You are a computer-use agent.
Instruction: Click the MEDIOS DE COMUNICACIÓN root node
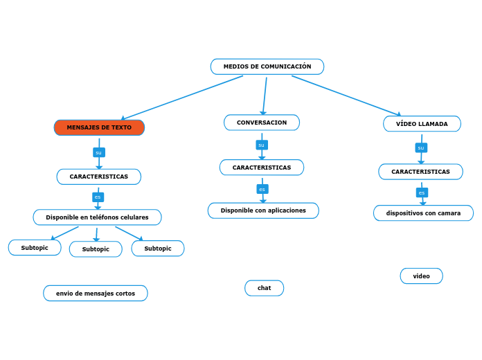tap(267, 66)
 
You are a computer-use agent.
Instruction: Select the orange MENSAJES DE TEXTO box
tap(99, 127)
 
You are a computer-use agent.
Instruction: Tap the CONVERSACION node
tap(262, 123)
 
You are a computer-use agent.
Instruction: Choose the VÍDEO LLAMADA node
tap(422, 124)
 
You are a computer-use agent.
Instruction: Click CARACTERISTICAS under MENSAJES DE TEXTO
tap(98, 177)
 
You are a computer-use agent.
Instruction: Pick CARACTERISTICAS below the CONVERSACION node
tap(262, 168)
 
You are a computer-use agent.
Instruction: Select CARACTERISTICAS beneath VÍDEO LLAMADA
tap(420, 172)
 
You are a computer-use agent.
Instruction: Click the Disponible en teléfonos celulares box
tap(97, 217)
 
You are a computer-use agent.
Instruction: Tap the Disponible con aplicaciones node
tap(263, 210)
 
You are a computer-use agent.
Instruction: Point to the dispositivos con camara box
tap(423, 213)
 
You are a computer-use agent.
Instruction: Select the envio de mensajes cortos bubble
tap(96, 294)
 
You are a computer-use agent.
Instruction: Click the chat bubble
tap(264, 288)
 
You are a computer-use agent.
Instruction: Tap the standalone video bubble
tap(421, 276)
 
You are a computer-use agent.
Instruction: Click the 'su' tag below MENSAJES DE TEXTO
tap(98, 152)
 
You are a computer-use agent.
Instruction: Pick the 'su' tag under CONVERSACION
tap(262, 145)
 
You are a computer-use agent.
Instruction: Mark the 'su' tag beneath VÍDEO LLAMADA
tap(421, 147)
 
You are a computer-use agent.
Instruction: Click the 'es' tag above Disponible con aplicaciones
tap(262, 189)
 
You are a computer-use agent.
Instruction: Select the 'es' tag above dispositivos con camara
tap(422, 192)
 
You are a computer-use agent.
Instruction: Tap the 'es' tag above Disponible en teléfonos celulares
tap(98, 197)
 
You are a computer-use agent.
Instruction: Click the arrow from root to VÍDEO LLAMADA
tap(346, 96)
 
